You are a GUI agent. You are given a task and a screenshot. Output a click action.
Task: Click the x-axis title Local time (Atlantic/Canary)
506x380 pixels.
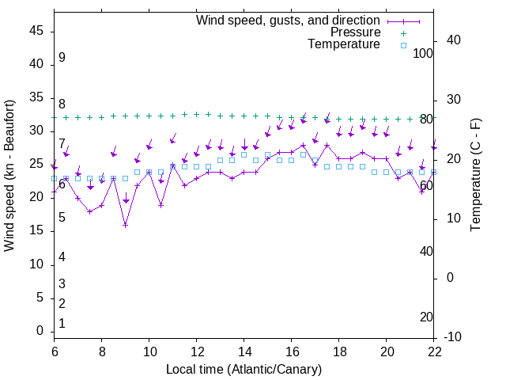click(244, 369)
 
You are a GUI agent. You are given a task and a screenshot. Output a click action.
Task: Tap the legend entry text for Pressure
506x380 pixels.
click(355, 32)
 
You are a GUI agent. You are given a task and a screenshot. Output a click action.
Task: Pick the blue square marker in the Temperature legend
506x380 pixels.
click(403, 45)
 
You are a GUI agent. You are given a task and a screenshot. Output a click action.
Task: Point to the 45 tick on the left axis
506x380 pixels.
click(36, 31)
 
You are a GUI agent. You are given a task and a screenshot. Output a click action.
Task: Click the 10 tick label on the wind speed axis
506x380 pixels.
click(36, 264)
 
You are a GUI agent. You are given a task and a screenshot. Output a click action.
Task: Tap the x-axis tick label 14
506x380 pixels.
click(244, 351)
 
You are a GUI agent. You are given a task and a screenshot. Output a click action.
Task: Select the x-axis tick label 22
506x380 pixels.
click(435, 351)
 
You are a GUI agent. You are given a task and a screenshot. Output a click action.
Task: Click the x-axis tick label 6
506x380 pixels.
click(54, 351)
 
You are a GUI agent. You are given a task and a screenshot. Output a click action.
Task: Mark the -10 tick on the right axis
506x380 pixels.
click(454, 337)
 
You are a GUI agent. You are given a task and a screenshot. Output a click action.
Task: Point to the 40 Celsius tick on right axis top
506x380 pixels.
click(454, 40)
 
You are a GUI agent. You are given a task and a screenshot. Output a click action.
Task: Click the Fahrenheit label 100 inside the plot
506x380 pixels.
click(423, 53)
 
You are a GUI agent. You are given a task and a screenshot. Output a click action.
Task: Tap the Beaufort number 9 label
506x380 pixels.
click(62, 58)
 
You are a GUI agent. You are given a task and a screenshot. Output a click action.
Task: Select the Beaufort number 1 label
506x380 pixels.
click(62, 324)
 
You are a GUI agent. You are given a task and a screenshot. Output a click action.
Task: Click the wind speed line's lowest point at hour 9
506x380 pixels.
click(125, 225)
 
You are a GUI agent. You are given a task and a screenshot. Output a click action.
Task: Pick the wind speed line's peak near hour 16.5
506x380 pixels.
click(304, 146)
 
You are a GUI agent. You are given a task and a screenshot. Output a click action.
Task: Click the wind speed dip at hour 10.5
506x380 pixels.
click(160, 205)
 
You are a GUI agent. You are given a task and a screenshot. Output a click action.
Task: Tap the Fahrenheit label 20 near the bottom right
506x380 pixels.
click(426, 317)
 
